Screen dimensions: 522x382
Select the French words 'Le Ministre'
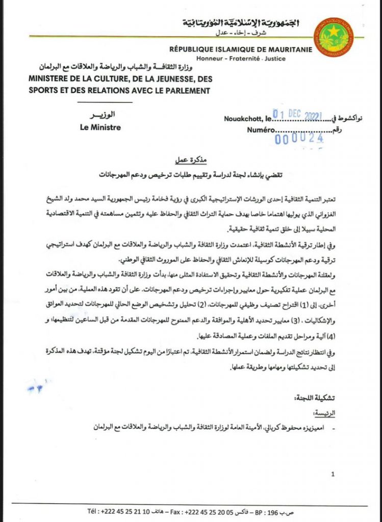pos(100,127)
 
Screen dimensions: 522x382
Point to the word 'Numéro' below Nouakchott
pos(263,130)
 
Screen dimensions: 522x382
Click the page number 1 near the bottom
pos(332,475)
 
